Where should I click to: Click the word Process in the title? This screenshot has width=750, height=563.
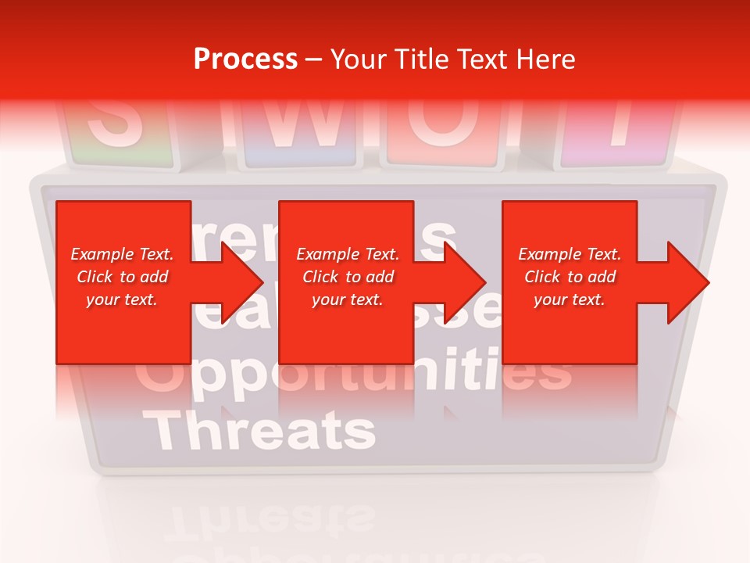245,59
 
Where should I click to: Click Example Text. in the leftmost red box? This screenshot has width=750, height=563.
123,254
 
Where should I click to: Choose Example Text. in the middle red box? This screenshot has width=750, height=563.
348,254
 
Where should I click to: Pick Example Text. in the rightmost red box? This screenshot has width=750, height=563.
570,254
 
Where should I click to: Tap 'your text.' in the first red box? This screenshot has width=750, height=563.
123,300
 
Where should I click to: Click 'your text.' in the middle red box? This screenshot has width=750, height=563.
348,300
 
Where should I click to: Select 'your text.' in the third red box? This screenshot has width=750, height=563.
570,300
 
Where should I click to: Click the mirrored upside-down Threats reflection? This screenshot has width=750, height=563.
270,519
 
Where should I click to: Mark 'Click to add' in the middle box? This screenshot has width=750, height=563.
348,277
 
